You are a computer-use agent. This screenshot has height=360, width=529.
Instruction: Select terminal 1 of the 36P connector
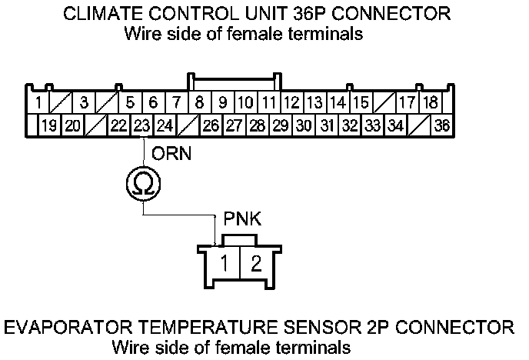(38, 102)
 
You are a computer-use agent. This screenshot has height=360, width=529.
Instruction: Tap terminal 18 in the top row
(431, 102)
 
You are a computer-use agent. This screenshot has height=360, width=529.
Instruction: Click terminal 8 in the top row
(199, 102)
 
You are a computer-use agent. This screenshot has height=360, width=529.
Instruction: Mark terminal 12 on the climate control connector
(291, 102)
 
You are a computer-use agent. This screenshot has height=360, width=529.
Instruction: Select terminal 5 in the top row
(130, 102)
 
